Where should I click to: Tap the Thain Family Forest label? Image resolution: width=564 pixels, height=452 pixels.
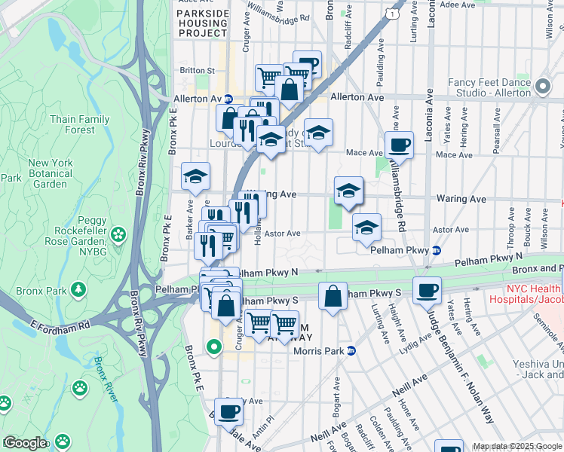point(80,124)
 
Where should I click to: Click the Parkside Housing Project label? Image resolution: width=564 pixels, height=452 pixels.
point(202,23)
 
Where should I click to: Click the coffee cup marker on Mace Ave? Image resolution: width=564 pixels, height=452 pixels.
point(398,144)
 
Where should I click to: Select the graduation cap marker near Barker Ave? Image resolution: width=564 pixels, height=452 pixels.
point(196,176)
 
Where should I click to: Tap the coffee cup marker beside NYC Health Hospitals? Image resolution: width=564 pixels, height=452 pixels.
point(427,289)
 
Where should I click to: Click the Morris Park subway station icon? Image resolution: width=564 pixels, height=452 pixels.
point(362,350)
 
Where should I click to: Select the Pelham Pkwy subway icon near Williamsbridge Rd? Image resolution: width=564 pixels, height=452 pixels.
point(437,250)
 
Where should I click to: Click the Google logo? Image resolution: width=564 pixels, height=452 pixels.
point(25,443)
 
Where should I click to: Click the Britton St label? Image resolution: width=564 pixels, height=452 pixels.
point(197,71)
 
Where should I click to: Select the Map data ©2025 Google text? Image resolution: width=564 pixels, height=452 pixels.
point(516,446)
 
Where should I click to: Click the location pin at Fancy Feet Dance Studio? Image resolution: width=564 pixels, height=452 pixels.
point(542,86)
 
